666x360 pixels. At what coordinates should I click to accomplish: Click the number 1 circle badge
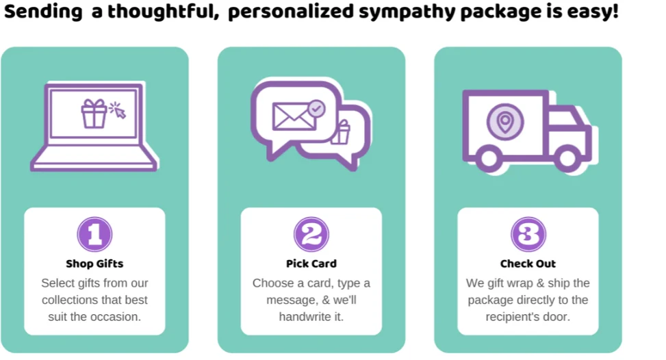pyautogui.click(x=94, y=235)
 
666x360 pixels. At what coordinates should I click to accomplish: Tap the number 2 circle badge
pyautogui.click(x=311, y=235)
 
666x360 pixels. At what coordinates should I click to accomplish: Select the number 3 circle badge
pyautogui.click(x=528, y=235)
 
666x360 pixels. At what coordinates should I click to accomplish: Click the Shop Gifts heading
pyautogui.click(x=94, y=263)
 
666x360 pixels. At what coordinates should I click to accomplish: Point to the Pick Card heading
pyautogui.click(x=311, y=263)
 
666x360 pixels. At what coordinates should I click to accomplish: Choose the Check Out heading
pyautogui.click(x=528, y=263)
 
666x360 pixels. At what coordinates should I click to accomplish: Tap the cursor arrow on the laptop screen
pyautogui.click(x=118, y=111)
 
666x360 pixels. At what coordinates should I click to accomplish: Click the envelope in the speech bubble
pyautogui.click(x=293, y=116)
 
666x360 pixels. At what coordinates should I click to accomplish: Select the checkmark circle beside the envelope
pyautogui.click(x=316, y=107)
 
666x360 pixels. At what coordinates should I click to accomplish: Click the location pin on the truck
pyautogui.click(x=504, y=123)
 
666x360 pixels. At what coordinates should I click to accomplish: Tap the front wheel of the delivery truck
pyautogui.click(x=566, y=159)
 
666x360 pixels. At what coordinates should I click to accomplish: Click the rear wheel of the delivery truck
pyautogui.click(x=488, y=159)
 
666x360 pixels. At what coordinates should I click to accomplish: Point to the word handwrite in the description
pyautogui.click(x=305, y=317)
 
